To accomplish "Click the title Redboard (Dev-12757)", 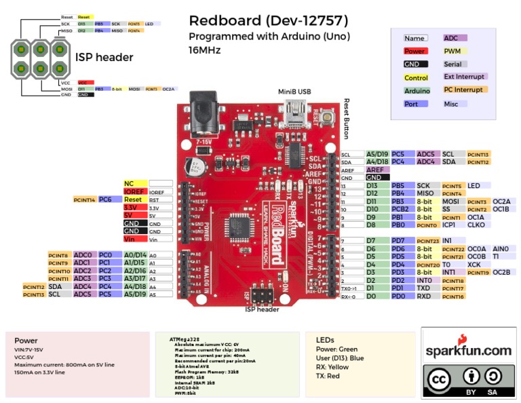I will [x=268, y=21].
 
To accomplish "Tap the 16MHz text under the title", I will [x=204, y=50].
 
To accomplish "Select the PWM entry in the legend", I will [x=452, y=51].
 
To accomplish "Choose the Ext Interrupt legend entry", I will [x=464, y=77].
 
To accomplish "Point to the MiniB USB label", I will [x=294, y=91].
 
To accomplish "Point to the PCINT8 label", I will [x=58, y=255].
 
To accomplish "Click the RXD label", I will [x=424, y=296].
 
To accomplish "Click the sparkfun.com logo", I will [x=468, y=349].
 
